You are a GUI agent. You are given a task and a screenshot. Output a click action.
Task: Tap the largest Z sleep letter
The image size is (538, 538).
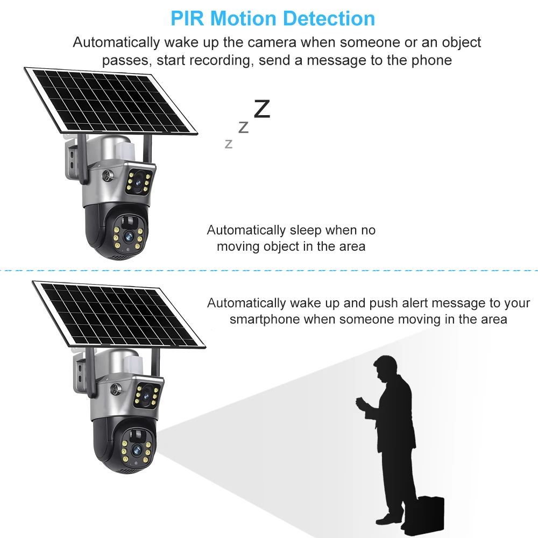pyautogui.click(x=261, y=109)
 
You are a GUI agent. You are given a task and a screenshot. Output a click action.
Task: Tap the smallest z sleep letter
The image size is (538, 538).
pyautogui.click(x=229, y=144)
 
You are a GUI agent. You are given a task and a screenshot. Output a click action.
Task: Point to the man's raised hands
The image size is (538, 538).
pyautogui.click(x=360, y=403)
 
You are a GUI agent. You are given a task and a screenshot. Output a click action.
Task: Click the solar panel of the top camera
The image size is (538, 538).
pyautogui.click(x=110, y=100)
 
